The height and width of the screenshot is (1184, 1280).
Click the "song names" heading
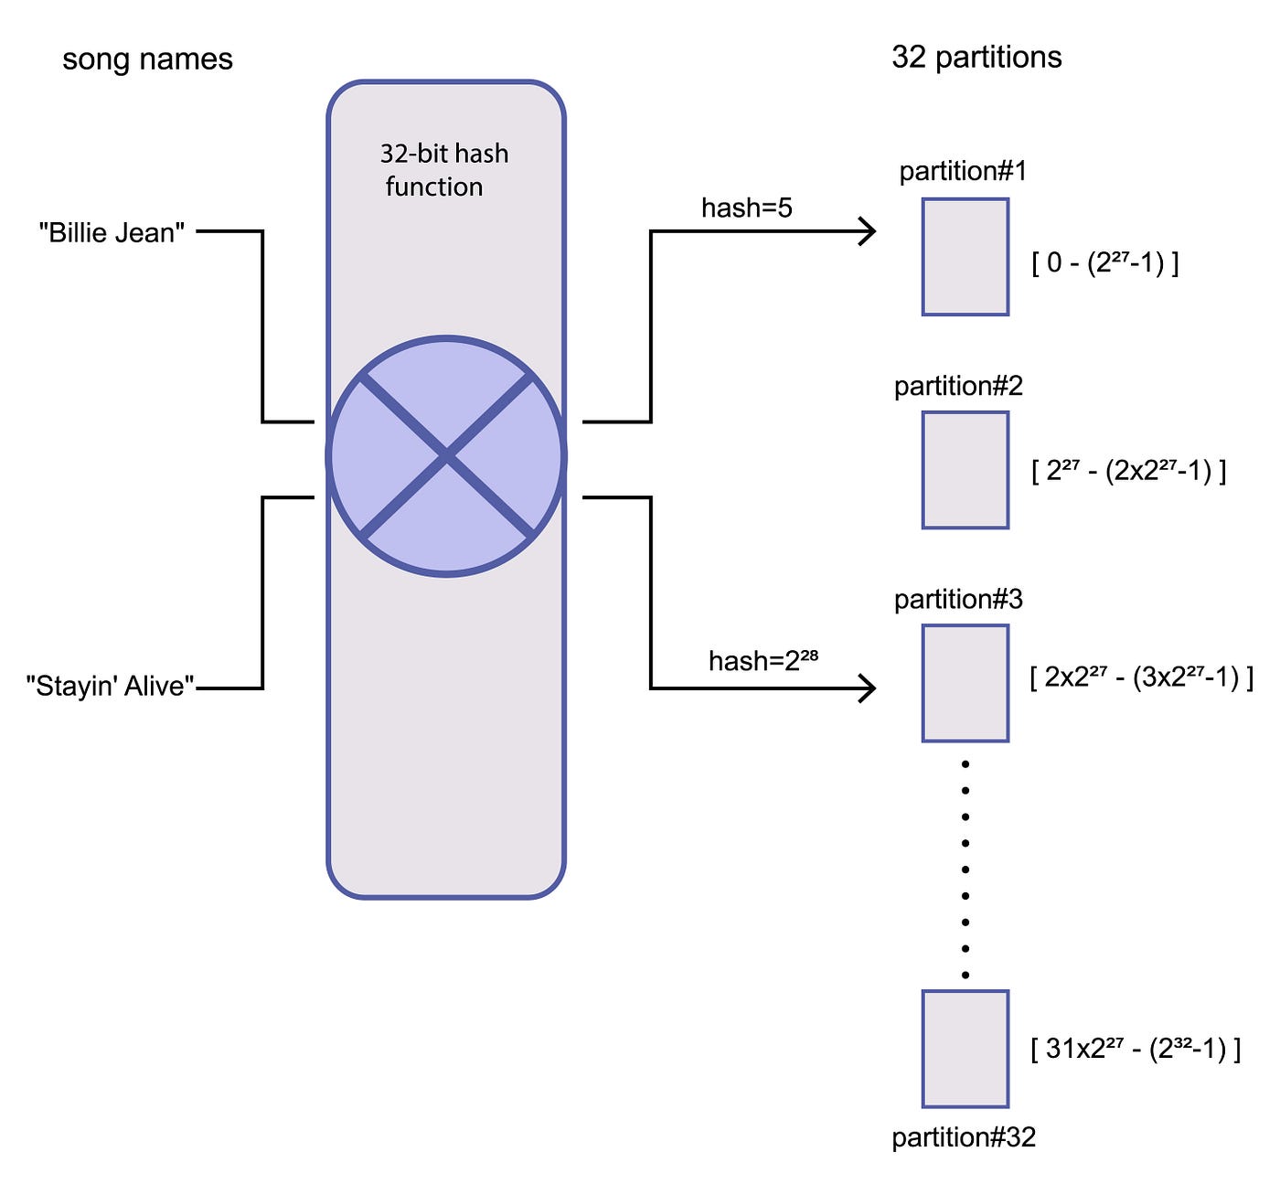(147, 59)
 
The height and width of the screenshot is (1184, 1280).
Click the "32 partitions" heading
(976, 58)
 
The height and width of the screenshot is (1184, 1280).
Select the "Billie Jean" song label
(112, 233)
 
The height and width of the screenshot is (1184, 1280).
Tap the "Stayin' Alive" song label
(110, 686)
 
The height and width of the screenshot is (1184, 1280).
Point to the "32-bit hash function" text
(443, 170)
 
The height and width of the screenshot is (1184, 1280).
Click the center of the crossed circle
(446, 456)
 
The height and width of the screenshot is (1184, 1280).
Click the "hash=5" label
(746, 208)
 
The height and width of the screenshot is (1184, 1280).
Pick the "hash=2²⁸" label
(763, 660)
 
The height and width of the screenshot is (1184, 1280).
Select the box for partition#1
(965, 257)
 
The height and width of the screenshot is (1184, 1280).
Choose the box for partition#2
(965, 470)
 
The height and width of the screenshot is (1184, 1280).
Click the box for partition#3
(965, 683)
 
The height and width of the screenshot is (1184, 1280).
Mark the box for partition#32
(965, 1049)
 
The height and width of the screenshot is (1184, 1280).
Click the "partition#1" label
(963, 172)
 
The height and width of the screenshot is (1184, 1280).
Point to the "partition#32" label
(964, 1137)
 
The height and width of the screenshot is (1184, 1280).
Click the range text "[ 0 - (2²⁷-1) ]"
(1104, 263)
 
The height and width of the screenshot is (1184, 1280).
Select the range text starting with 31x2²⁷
(1136, 1049)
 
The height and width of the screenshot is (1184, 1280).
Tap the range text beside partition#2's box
(1128, 471)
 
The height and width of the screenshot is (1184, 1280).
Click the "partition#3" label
(958, 600)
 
